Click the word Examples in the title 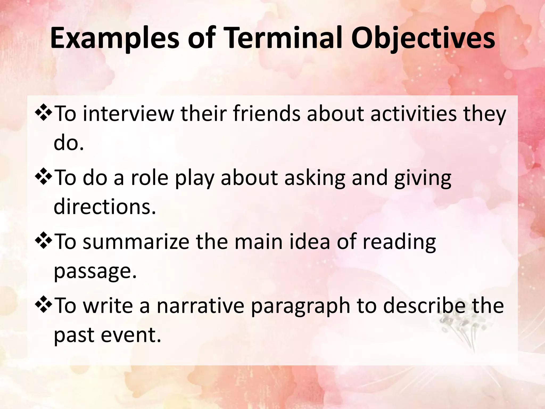[x=114, y=39]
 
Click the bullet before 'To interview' [x=43, y=113]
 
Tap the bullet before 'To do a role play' [x=43, y=178]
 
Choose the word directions [x=104, y=207]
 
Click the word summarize [x=136, y=242]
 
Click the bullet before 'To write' [x=43, y=305]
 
